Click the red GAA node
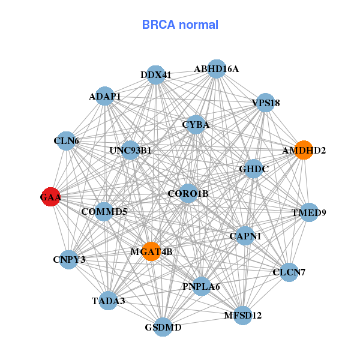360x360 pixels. coord(51,196)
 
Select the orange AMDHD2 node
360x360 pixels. coord(304,150)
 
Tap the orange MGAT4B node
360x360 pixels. coord(152,252)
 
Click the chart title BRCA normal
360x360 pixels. coord(180,25)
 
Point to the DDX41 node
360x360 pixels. coord(156,74)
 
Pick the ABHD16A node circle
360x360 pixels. coord(216,69)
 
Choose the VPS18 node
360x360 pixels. coord(265,103)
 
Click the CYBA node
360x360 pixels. coord(196,125)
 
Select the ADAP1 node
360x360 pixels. coord(106,96)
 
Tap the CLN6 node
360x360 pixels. coord(66,141)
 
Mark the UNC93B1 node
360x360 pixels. coord(131,150)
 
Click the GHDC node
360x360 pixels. coord(254,169)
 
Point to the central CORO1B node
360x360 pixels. coord(188,193)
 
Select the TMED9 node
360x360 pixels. coord(308,212)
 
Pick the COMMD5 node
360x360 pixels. coord(104,211)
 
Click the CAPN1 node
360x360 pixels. coord(245,236)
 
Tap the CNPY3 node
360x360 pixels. coord(69,259)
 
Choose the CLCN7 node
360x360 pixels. coord(289,272)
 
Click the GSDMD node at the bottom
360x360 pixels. coord(163,327)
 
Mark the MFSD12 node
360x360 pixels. coord(242,315)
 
